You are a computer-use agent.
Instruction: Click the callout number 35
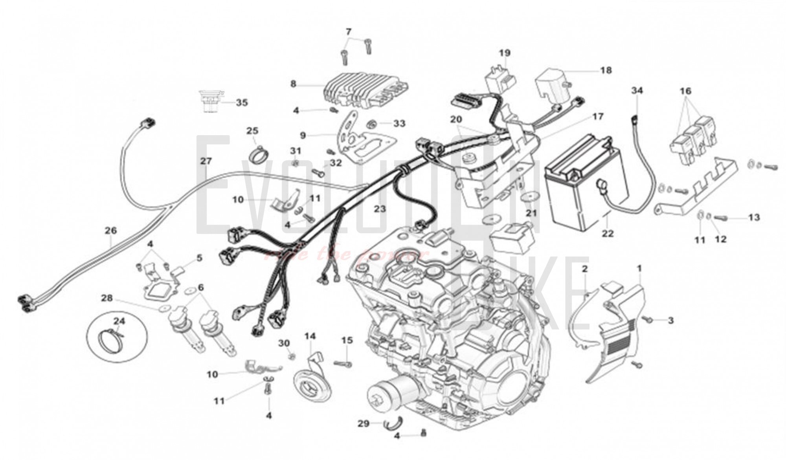[242, 103]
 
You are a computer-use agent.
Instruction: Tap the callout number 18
[606, 70]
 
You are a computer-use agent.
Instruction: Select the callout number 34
[637, 90]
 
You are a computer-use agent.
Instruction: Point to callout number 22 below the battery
[608, 233]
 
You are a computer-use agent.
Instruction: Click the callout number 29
[364, 423]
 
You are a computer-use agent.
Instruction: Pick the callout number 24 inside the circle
[119, 321]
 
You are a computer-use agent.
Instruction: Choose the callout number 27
[206, 161]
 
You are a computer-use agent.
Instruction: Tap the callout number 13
[754, 217]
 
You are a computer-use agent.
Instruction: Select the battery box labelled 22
[586, 185]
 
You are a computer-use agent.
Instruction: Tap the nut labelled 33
[371, 125]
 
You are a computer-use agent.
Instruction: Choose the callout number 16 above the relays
[685, 91]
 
